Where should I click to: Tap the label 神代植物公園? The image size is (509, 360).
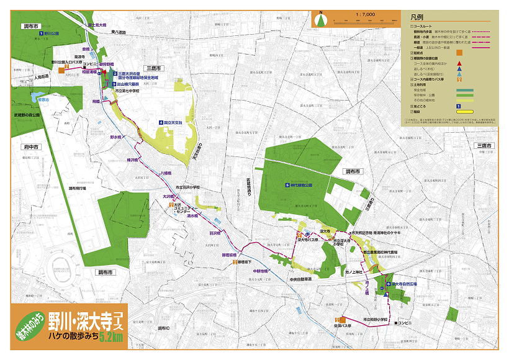click(302, 185)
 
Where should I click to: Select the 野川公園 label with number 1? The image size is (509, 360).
click(50, 33)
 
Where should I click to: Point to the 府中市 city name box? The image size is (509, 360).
click(27, 148)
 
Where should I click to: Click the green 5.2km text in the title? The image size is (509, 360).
click(111, 337)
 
